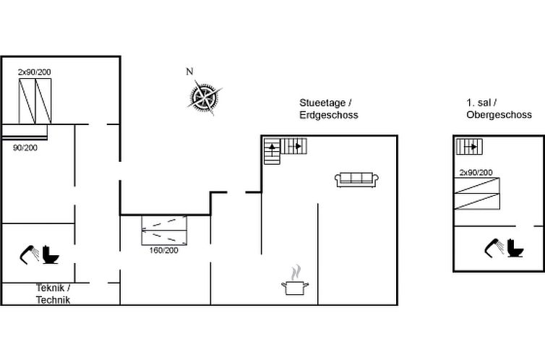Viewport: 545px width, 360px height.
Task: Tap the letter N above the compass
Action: pos(189,72)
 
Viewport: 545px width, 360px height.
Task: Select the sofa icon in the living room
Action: pos(354,179)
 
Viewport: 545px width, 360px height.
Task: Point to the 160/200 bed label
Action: pos(164,250)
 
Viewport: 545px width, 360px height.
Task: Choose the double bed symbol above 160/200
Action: pos(166,230)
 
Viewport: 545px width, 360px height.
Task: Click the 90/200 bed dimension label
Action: pos(25,147)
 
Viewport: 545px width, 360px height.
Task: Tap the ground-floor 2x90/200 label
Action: pos(35,72)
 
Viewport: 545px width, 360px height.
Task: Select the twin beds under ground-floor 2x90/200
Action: pos(35,101)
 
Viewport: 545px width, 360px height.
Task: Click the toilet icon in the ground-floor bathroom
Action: pos(51,254)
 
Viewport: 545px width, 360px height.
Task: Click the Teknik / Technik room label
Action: pos(53,293)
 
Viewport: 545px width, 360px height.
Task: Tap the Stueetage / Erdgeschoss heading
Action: pos(328,109)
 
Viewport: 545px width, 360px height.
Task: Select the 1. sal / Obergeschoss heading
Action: pos(499,109)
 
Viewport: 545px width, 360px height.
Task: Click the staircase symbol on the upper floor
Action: pos(469,147)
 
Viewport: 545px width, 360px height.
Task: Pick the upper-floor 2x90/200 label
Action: pos(476,172)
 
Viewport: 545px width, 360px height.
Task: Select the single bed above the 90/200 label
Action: pos(24,132)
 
